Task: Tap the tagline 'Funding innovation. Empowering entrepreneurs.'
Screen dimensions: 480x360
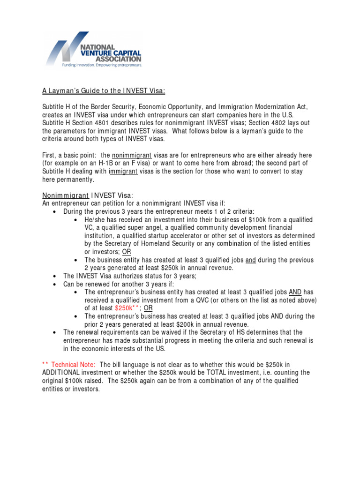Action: coord(102,65)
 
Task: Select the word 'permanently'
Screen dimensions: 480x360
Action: coord(75,180)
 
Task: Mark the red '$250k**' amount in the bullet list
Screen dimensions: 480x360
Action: coord(127,308)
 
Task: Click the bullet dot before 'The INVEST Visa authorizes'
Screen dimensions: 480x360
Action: coord(55,276)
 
